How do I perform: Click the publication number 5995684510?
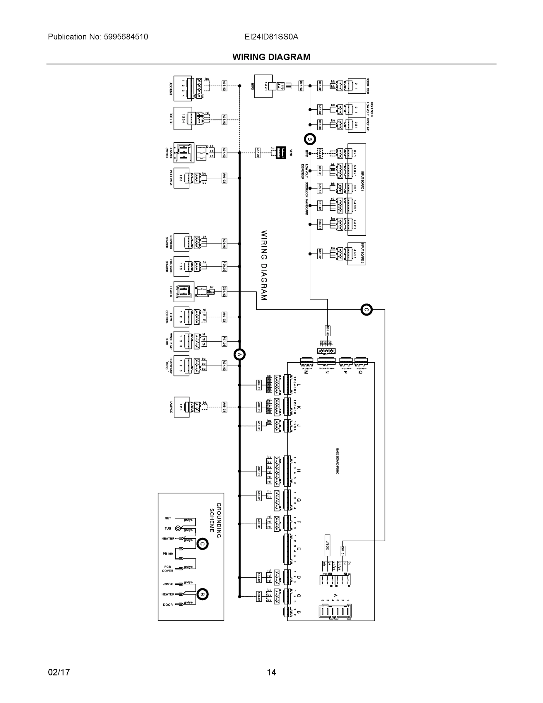coord(126,37)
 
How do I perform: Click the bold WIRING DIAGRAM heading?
coord(271,57)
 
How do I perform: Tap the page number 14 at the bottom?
coord(271,672)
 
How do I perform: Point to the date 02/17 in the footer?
coord(59,672)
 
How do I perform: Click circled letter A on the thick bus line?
coord(239,354)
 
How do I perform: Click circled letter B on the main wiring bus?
coord(310,139)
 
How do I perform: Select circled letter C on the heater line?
coord(366,310)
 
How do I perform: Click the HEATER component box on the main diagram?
coord(184,292)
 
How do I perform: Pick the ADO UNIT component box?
coord(182,88)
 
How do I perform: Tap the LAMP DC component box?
coord(181,407)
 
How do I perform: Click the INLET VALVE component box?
coord(181,178)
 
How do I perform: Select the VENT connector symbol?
coord(280,153)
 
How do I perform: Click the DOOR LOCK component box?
coord(357,86)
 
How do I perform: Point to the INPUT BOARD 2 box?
coord(357,254)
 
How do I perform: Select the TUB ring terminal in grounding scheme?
coord(178,528)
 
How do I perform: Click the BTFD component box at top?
coord(263,86)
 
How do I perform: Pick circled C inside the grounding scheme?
coord(202,544)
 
